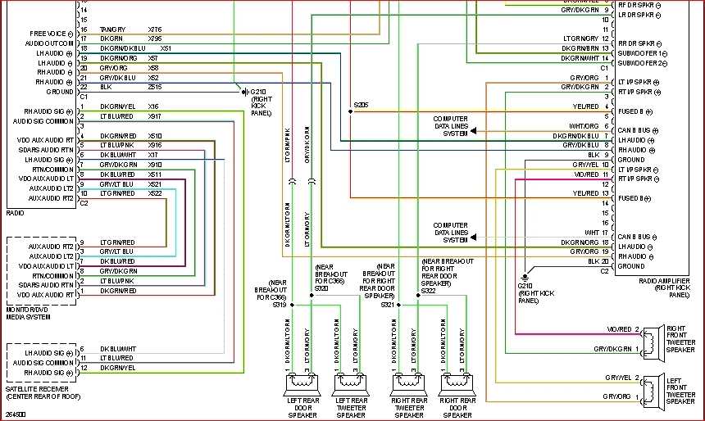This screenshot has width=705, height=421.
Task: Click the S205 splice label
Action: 362,105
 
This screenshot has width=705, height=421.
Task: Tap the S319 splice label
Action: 280,305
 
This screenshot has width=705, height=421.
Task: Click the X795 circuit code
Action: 155,38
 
